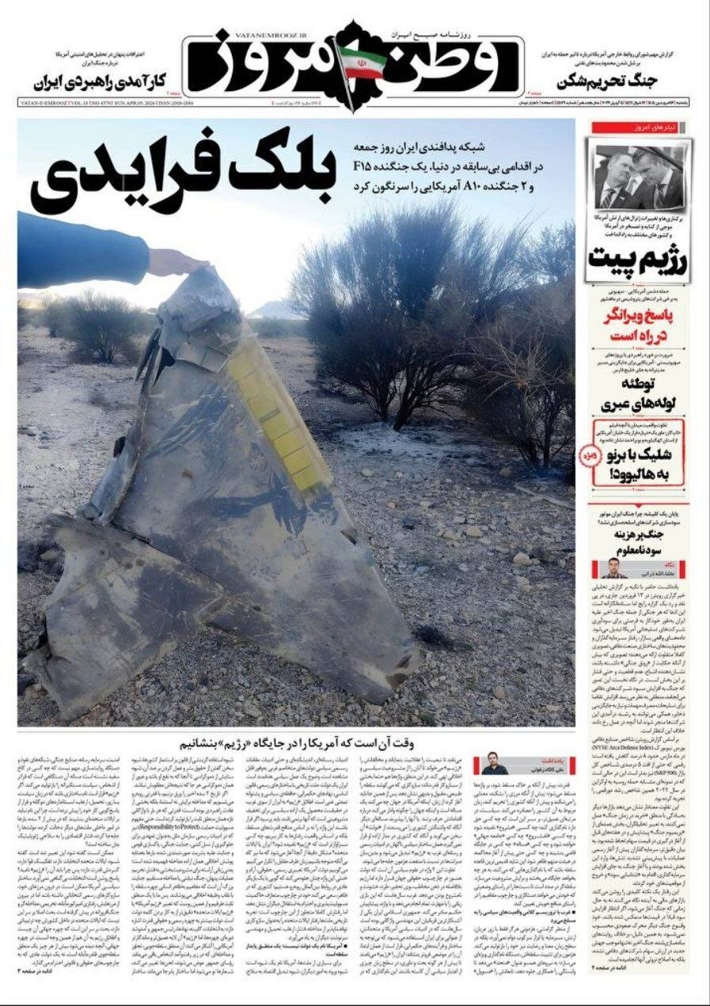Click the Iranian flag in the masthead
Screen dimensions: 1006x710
click(362, 62)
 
